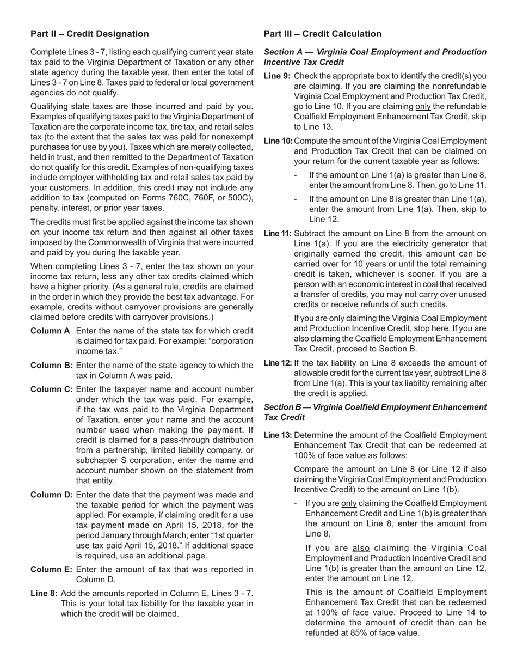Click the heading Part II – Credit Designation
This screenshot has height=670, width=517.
pyautogui.click(x=89, y=34)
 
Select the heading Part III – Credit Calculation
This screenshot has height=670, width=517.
pyautogui.click(x=322, y=34)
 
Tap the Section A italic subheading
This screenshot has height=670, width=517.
pyautogui.click(x=375, y=57)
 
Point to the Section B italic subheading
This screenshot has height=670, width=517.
pyautogui.click(x=375, y=412)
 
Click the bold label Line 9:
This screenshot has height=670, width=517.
pyautogui.click(x=277, y=76)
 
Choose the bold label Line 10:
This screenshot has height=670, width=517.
pyautogui.click(x=278, y=141)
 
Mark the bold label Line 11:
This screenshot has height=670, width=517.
pyautogui.click(x=278, y=234)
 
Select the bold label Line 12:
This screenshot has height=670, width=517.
pyautogui.click(x=278, y=363)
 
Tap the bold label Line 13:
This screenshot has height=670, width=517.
pyautogui.click(x=278, y=435)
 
